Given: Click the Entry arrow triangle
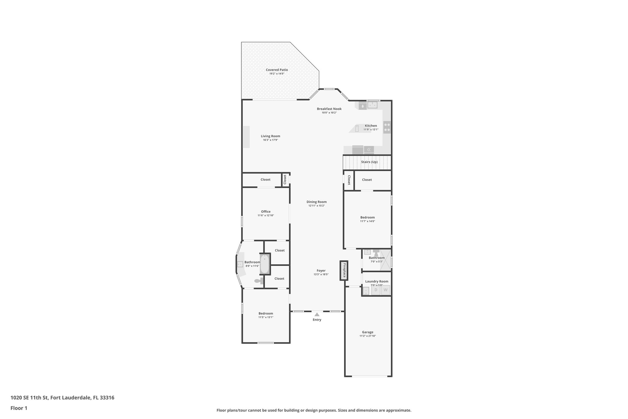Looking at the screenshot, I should coord(317,314).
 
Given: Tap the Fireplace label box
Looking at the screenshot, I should coord(344,270).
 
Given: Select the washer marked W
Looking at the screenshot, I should coord(385,290).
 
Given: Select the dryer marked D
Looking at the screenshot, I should coord(376,290).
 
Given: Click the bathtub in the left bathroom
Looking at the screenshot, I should coord(265,264).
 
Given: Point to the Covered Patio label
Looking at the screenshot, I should coord(277,70).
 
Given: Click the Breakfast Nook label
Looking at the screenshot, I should coord(329,109).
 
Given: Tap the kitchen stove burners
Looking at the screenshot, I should coord(387,127).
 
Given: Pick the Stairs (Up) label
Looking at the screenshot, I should coord(369,162).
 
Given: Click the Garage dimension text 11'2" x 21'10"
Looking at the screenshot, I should coord(367,336).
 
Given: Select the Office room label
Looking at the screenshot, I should coord(266,211).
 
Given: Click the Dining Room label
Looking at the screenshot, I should coord(316,202).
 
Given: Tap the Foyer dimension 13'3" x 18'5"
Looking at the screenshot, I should coord(321,274).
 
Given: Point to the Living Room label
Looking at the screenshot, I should coord(270,136).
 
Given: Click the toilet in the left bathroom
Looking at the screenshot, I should coord(258,281).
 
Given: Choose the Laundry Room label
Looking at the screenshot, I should coord(377,281).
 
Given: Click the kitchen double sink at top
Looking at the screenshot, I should coord(373,105).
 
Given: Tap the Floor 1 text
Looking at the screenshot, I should coord(19,408).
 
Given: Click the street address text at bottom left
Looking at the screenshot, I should coord(62,398).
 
